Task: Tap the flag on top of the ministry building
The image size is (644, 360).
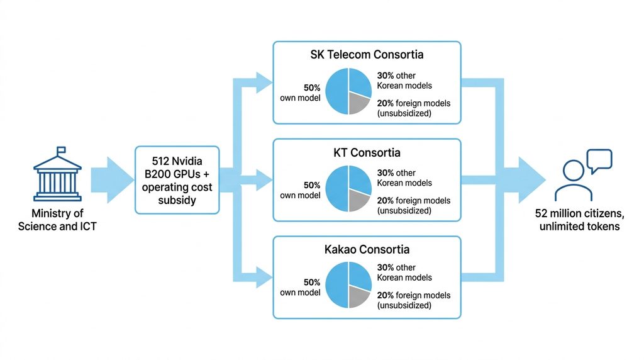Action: coord(61,150)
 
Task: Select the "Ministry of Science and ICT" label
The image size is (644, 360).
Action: coord(57,220)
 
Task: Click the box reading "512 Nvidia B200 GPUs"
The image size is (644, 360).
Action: coord(177,180)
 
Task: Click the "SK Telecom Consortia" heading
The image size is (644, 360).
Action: coord(367,55)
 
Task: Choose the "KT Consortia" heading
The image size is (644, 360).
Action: coord(367,152)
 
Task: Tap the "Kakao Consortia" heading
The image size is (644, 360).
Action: coord(367,249)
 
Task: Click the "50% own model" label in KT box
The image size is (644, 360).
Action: coord(300,190)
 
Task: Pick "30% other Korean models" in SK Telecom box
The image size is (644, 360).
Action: coord(404,81)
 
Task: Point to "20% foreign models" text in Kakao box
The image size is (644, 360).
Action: coord(414,295)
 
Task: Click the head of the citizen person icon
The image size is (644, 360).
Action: coord(574,170)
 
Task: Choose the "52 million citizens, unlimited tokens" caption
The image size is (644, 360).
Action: coord(579,220)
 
